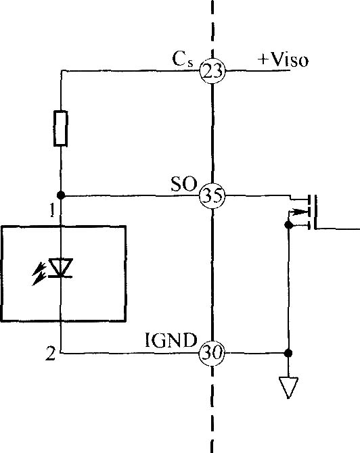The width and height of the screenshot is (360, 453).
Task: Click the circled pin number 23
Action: (x=212, y=71)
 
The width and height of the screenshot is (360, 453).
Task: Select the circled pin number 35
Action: (x=212, y=195)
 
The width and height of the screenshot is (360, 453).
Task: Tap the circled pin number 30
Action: (x=212, y=353)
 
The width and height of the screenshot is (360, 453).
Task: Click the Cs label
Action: (x=183, y=59)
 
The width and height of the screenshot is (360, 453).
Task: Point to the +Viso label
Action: (x=283, y=59)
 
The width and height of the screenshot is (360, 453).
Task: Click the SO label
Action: (x=184, y=184)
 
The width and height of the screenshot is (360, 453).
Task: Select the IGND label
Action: (x=171, y=340)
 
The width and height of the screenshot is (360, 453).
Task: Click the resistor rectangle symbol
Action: (x=61, y=128)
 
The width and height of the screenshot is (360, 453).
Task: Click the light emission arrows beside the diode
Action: (x=39, y=273)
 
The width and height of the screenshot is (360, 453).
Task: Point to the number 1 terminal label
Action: (x=52, y=210)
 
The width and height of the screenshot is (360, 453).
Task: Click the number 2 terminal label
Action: (x=51, y=354)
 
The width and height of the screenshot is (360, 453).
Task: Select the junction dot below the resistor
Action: (x=61, y=195)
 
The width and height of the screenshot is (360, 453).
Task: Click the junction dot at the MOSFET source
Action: (x=288, y=224)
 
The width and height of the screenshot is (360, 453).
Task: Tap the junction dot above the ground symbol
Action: (x=288, y=353)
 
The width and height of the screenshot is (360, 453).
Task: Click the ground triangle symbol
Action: (x=288, y=387)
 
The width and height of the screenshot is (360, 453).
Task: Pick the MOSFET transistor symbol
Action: (x=302, y=212)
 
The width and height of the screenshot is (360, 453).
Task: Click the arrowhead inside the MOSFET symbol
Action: (x=299, y=212)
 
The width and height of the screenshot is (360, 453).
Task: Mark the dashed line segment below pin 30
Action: (x=212, y=410)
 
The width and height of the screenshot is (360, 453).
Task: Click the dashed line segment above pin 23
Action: (x=212, y=29)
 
